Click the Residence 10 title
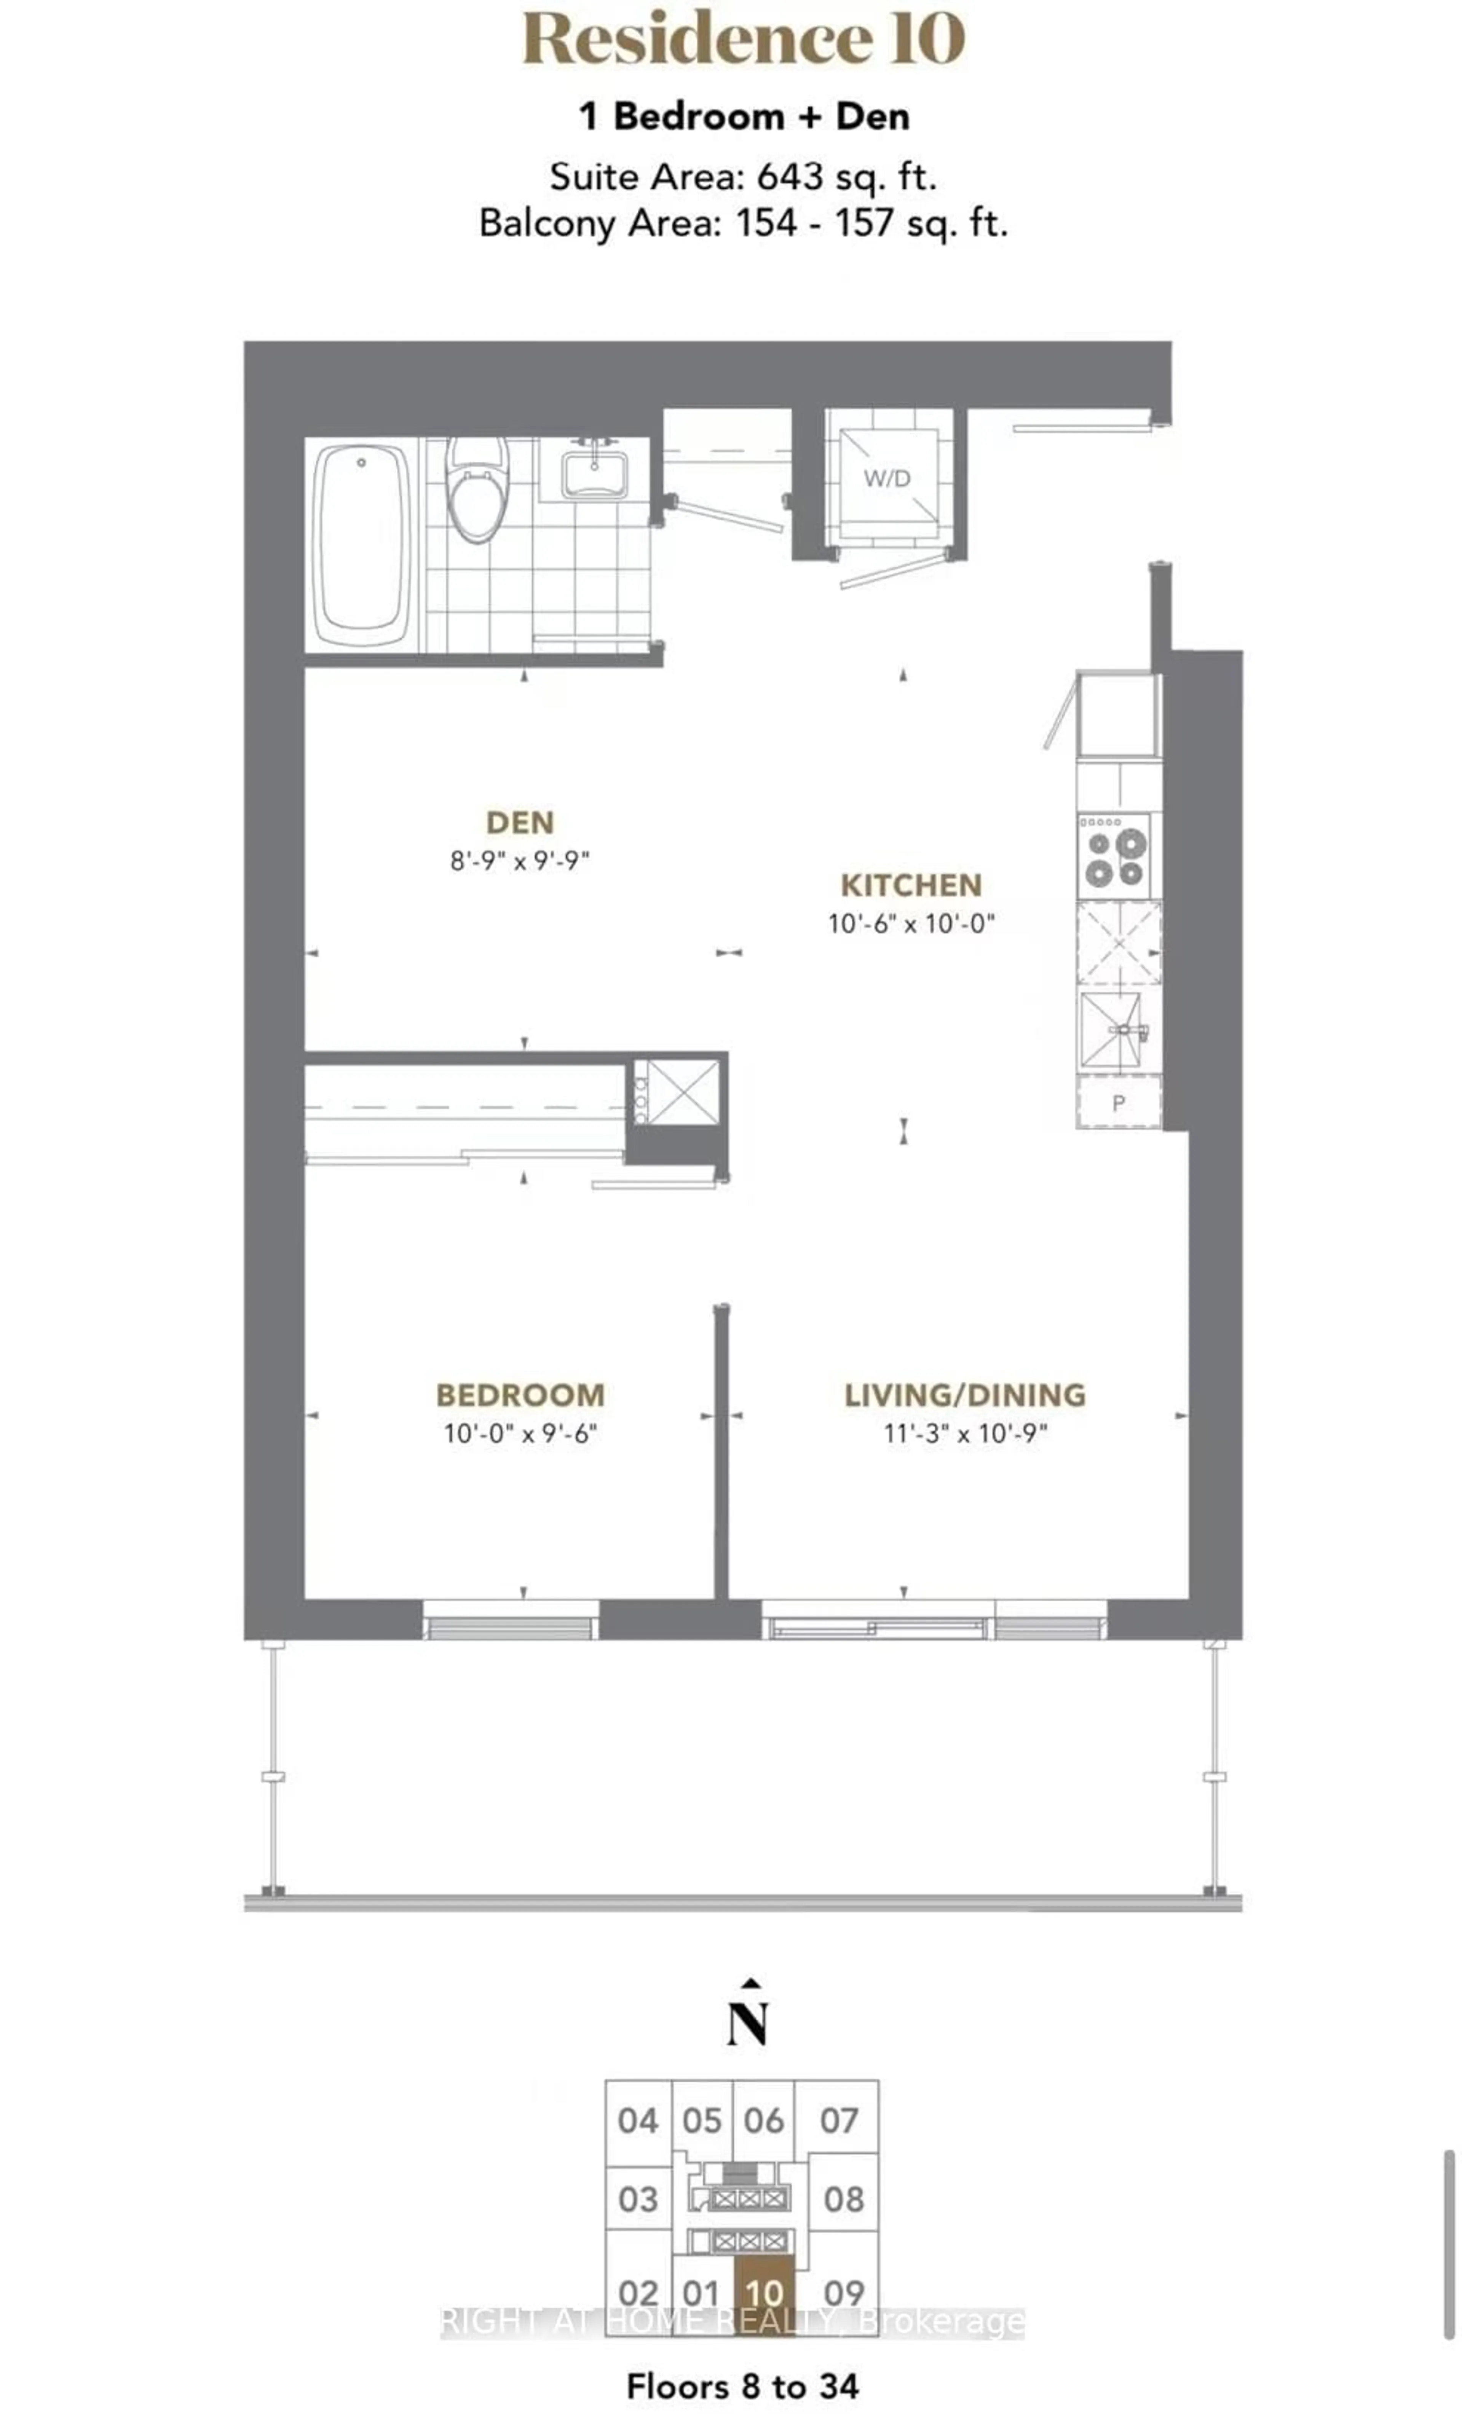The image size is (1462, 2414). [x=743, y=39]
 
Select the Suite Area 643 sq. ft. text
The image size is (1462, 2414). [x=743, y=177]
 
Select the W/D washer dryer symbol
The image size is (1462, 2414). [x=887, y=478]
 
